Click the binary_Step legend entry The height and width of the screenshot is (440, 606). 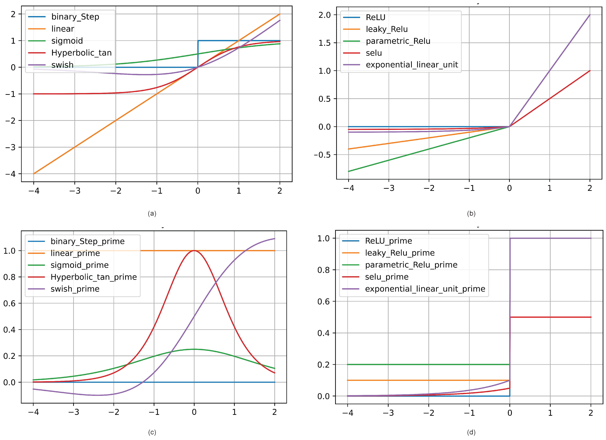point(75,17)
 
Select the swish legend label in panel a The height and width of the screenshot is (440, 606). point(62,65)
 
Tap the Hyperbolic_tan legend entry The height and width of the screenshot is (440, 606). point(81,53)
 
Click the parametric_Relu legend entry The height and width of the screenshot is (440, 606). point(398,41)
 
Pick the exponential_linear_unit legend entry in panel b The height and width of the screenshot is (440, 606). point(412,65)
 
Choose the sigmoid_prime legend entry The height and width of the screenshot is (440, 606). point(79,265)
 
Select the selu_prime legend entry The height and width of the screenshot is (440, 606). point(387,277)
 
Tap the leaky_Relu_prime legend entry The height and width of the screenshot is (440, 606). point(400,253)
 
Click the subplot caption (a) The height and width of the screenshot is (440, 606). point(152,214)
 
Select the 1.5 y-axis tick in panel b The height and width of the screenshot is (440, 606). point(324,43)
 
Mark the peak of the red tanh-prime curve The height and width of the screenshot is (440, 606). point(194,251)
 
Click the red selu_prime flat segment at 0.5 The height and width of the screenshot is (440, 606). point(550,317)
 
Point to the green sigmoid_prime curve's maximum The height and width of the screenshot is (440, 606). point(194,349)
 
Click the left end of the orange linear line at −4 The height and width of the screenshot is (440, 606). point(34,174)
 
